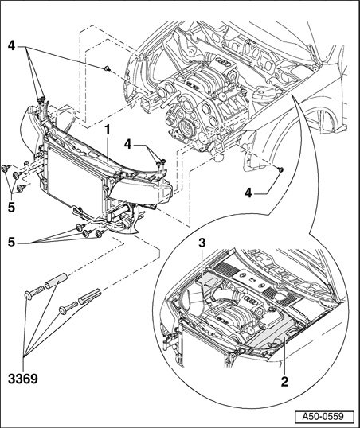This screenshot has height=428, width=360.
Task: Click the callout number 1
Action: (108, 130)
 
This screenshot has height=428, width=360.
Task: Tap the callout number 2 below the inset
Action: (284, 382)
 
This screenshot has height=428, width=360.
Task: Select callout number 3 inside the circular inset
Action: (202, 243)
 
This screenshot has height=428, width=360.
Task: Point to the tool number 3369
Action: (23, 379)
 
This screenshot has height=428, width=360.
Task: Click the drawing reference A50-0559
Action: (324, 417)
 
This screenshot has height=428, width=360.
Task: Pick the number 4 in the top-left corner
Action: (11, 45)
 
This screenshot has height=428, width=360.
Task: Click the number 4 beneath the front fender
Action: (248, 193)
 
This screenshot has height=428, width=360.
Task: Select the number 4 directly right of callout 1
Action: (128, 144)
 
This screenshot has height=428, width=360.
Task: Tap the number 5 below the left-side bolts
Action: (11, 208)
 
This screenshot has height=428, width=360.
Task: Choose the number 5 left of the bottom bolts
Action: (11, 242)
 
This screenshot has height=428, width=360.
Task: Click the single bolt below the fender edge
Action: (280, 169)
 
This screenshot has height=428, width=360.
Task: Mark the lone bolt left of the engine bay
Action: (108, 68)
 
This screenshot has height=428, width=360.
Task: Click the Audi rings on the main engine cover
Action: (224, 63)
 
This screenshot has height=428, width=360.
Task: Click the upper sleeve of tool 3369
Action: (56, 281)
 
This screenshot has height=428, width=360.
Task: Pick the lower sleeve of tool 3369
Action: (90, 296)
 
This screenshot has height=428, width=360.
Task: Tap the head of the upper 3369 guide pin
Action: (27, 296)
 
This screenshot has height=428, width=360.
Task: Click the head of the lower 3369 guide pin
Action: (63, 310)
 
